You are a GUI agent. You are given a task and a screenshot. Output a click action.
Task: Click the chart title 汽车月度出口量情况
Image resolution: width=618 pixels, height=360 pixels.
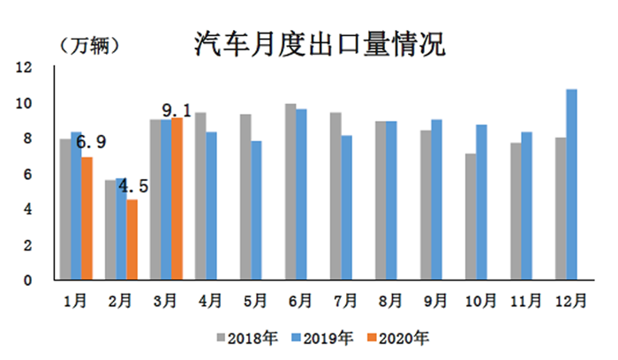coord(319,41)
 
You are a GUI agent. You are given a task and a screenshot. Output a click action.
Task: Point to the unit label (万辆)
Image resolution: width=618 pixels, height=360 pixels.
coord(89,46)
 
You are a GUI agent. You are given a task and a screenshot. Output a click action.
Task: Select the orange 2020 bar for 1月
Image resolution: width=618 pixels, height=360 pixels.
coord(86,218)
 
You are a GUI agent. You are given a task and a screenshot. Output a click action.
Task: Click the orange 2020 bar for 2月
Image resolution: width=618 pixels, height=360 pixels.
coord(132,239)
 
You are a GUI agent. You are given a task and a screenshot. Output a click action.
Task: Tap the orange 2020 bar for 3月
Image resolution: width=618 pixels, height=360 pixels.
coord(177,199)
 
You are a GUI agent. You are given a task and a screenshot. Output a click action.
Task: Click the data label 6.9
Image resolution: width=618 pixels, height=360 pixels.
coord(91,141)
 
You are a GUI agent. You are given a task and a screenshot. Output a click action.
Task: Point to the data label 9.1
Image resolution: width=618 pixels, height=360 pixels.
coord(177,110)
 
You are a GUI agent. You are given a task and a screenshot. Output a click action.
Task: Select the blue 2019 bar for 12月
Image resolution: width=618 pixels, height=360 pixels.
coord(571,184)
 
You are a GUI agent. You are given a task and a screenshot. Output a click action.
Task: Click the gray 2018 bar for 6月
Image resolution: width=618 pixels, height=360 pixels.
coord(290,191)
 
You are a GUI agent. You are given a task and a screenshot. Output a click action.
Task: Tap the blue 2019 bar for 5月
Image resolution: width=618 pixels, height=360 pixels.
coord(256,210)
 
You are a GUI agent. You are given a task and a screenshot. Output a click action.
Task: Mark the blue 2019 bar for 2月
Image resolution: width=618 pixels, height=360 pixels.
coord(121,229)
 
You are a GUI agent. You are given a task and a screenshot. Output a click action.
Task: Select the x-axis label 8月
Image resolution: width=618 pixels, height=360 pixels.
coord(389,300)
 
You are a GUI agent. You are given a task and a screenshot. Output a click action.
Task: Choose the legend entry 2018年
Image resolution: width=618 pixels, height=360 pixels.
coord(252,337)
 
